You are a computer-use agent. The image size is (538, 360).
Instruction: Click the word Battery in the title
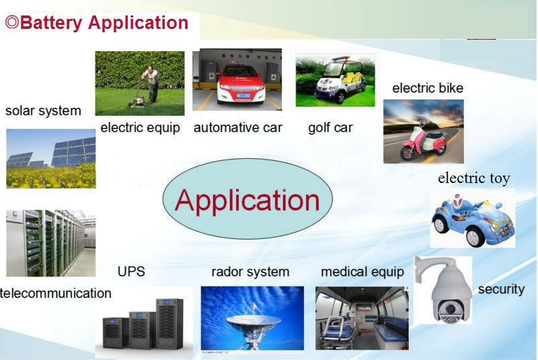coord(51,24)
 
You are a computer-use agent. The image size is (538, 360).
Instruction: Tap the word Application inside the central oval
coord(247,201)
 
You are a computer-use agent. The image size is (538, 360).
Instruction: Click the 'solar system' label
coord(43,111)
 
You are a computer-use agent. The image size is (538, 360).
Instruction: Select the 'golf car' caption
coord(330,128)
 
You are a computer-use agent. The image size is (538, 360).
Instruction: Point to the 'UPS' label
coord(131,271)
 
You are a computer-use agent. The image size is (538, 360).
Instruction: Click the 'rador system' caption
coord(250,272)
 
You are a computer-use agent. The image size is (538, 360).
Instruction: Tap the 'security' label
coord(501,289)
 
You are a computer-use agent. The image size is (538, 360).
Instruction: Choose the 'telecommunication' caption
coord(56,293)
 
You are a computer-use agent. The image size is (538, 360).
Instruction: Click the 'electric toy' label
coord(474,178)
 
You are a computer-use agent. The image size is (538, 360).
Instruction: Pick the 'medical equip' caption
coord(362,272)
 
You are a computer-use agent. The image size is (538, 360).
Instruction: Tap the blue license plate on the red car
coord(243,96)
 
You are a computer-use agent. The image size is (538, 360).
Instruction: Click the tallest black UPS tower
coord(169,324)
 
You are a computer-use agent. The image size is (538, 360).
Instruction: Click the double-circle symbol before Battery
coord(12,23)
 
